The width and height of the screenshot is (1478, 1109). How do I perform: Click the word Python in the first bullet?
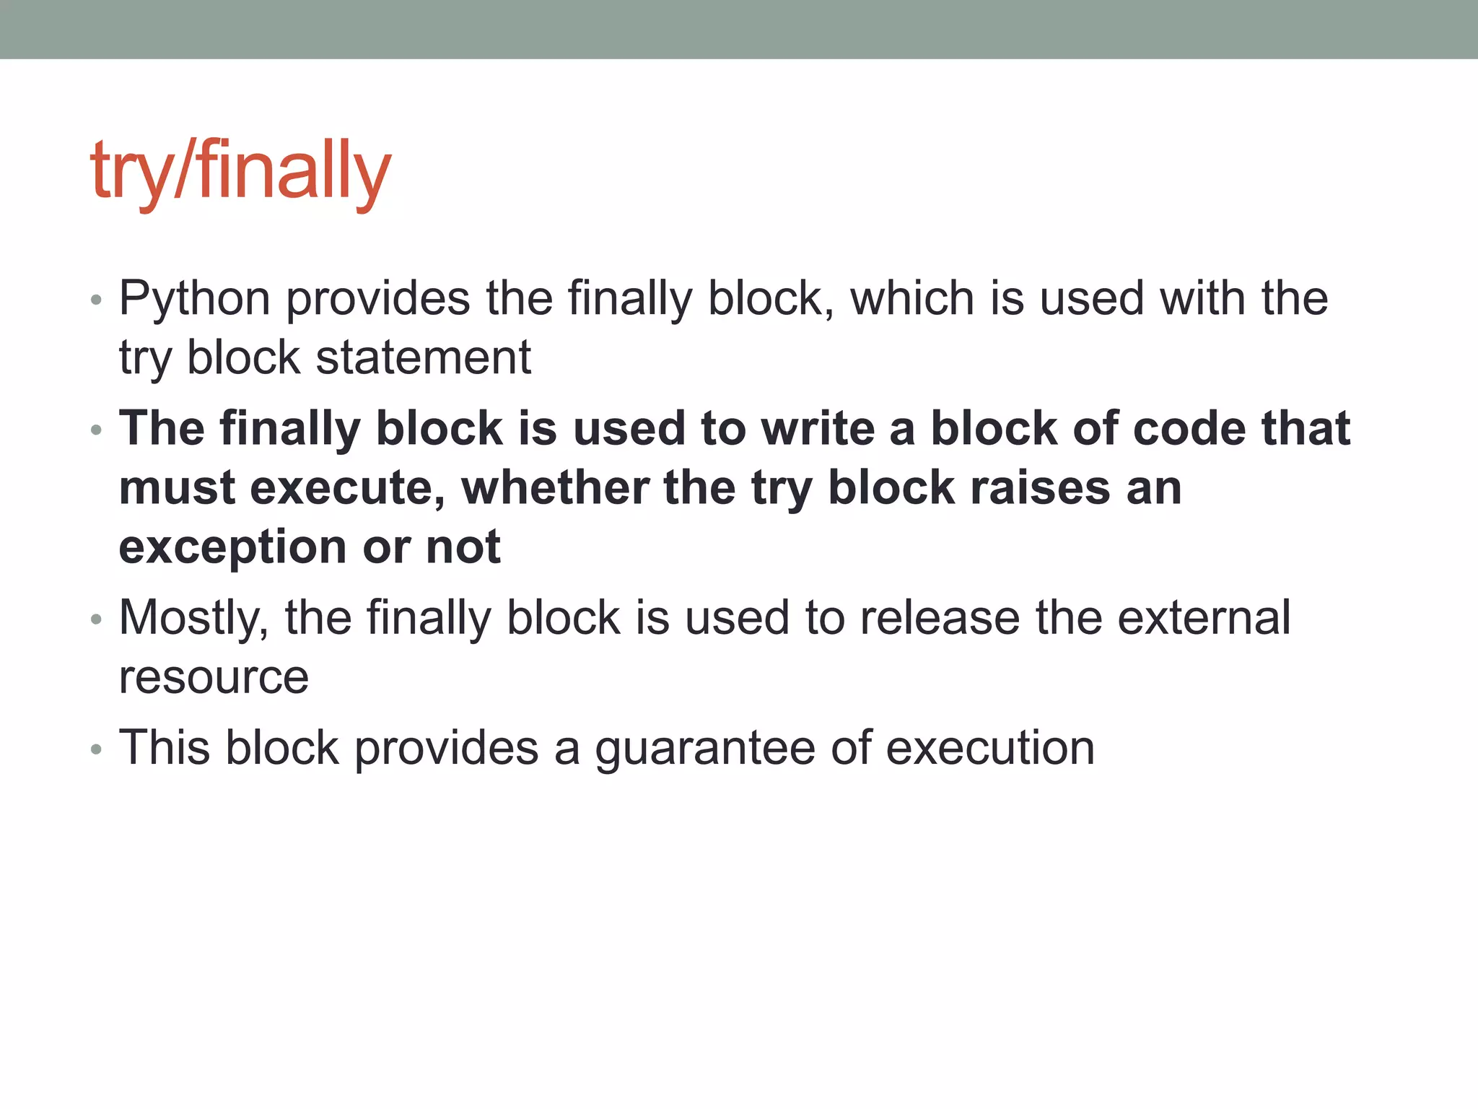point(194,298)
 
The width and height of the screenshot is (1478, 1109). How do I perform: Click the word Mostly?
point(193,618)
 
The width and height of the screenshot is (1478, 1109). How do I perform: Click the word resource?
point(214,677)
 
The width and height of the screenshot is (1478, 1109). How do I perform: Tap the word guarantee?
point(704,748)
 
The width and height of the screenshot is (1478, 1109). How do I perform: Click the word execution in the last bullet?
point(990,748)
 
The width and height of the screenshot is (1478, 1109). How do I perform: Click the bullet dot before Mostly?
point(97,620)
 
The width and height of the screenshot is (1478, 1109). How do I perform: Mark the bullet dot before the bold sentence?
point(97,431)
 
